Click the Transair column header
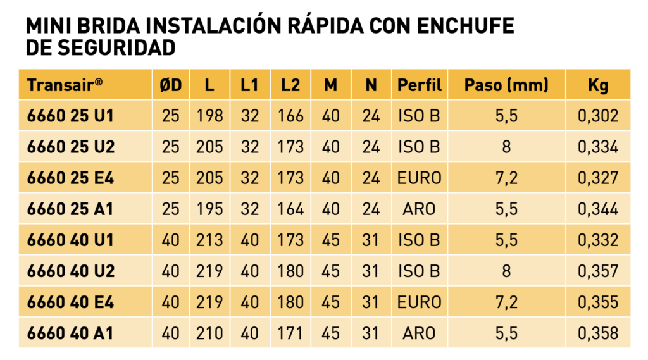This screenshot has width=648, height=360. pos(65,85)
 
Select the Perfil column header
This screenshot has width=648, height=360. pos(420,85)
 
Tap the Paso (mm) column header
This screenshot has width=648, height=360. pos(506,85)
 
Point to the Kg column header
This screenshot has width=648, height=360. pos(598,85)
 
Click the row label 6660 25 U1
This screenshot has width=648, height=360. pos(70,116)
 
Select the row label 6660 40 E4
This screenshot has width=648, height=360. pos(70,302)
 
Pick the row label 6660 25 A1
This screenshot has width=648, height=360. pos(70,209)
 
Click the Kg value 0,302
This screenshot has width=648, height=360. pos(598,116)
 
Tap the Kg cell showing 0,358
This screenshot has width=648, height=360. pos(598,333)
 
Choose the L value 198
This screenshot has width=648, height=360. pos(209,116)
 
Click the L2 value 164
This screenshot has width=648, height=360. pos(290,209)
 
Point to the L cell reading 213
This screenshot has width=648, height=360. pos(209,240)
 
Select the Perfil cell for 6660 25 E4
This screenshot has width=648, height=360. pos(420,178)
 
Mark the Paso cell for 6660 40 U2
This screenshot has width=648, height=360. pos(506,271)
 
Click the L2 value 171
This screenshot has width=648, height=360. pos(290,333)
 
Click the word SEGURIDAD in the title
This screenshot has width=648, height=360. pos(116,48)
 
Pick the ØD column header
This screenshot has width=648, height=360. pos(171,85)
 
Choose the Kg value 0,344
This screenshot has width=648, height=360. pos(598,209)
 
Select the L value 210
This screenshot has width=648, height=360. pos(209,333)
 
